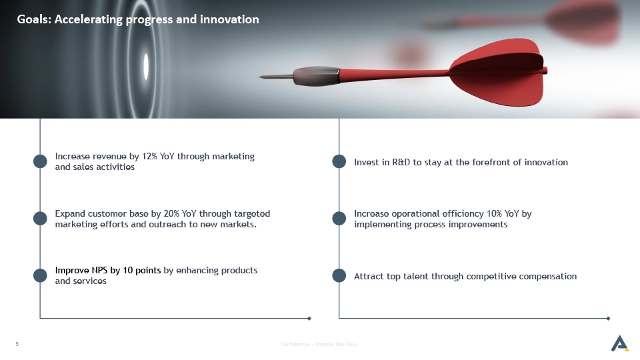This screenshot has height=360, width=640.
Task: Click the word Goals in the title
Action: (x=34, y=19)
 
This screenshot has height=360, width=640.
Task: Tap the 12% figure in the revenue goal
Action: (x=149, y=156)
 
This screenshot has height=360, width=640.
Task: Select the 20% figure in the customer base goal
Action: (x=171, y=213)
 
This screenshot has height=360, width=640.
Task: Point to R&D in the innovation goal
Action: (x=401, y=162)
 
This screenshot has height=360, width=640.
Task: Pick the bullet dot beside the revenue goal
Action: (x=40, y=161)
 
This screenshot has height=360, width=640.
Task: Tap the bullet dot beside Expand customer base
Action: (x=40, y=219)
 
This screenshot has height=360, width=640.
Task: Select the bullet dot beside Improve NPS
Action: (x=40, y=275)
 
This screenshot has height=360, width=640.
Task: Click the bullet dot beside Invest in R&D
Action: (x=339, y=161)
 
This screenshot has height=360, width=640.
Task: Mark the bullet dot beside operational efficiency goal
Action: (x=339, y=219)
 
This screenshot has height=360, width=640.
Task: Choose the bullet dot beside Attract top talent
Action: (x=339, y=275)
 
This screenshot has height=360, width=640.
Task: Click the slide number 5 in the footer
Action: (x=17, y=344)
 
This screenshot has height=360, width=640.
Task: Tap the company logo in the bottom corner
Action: (x=619, y=343)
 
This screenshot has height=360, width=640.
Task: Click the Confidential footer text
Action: (x=319, y=344)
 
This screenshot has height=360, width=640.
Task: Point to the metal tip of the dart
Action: (x=259, y=76)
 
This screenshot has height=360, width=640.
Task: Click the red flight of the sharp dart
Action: (x=498, y=72)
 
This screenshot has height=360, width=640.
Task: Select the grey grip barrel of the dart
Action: (x=316, y=76)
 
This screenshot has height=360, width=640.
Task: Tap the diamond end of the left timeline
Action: (x=309, y=319)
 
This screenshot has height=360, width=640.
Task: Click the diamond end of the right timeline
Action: (x=608, y=319)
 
